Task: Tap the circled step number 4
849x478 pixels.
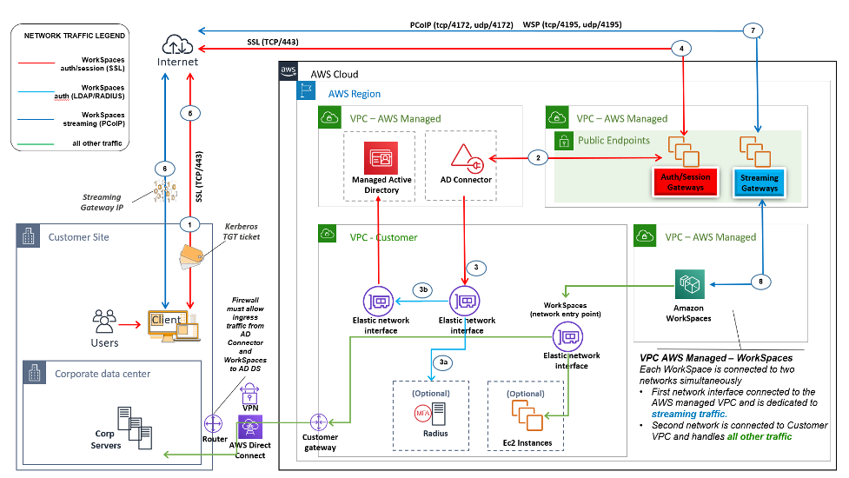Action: (x=684, y=48)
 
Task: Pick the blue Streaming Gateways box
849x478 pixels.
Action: (x=760, y=182)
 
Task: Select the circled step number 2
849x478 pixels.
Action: (x=539, y=157)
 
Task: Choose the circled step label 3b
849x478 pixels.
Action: (x=422, y=290)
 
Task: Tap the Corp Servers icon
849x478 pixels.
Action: (x=132, y=423)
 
